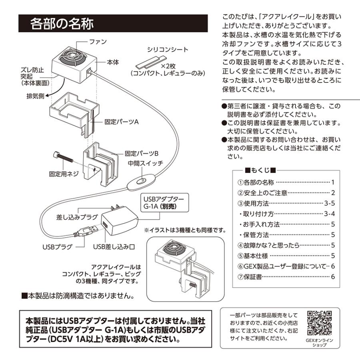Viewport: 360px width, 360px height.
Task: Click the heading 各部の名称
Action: click(x=62, y=24)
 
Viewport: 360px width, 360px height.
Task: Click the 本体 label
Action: click(x=113, y=62)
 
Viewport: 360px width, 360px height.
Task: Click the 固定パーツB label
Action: click(x=142, y=153)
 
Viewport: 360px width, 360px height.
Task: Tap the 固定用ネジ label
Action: click(x=63, y=174)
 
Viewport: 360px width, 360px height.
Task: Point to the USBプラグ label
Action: click(x=57, y=247)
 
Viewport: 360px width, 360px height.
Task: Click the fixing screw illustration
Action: click(x=63, y=158)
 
